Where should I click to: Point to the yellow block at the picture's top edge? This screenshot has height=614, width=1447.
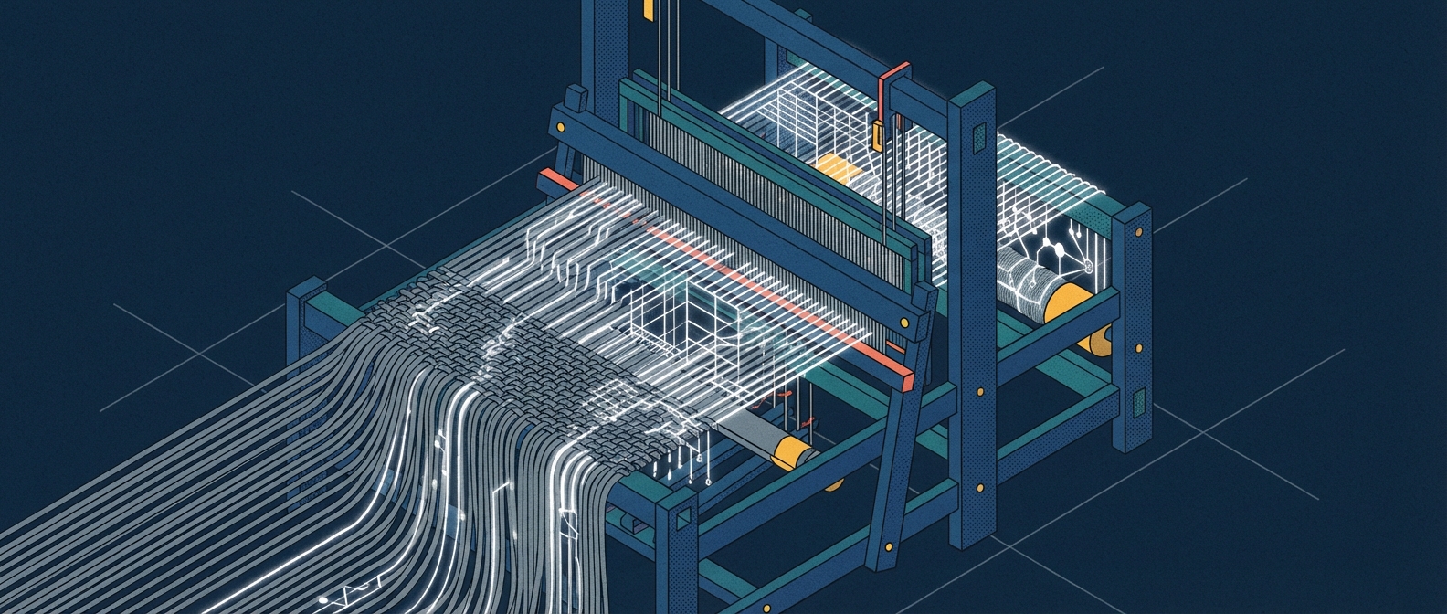[x=648, y=9]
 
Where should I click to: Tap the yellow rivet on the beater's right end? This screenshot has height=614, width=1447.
[x=903, y=322]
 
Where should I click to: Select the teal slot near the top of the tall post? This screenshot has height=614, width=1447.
[x=978, y=138]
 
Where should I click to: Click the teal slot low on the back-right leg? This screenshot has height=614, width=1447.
[x=1137, y=402]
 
